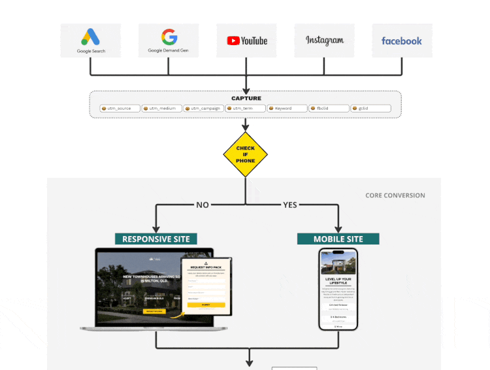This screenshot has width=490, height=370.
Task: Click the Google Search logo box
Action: (x=91, y=40)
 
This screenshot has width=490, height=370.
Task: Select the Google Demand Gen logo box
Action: (x=169, y=40)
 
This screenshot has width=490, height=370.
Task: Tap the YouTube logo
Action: (x=247, y=40)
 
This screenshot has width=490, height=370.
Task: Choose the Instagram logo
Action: (x=325, y=40)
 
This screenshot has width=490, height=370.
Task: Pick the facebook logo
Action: (x=402, y=41)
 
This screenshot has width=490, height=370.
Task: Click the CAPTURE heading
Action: (x=246, y=98)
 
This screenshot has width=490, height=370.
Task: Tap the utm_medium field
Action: (x=161, y=109)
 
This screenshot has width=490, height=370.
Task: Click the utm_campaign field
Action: (x=203, y=109)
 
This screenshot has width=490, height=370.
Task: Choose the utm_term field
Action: (x=245, y=109)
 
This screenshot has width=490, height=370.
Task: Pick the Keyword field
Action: (x=287, y=109)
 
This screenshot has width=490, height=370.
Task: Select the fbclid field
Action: (x=329, y=109)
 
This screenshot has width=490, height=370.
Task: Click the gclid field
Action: (x=370, y=109)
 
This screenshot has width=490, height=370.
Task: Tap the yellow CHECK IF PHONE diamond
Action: (x=246, y=154)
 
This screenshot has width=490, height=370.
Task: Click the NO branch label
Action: (x=203, y=205)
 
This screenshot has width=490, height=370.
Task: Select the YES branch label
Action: (x=289, y=205)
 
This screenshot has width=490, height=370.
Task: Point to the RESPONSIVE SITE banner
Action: (x=156, y=239)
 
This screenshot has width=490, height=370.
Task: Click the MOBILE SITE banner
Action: (x=338, y=239)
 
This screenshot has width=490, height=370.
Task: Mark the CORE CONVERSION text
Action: (x=395, y=195)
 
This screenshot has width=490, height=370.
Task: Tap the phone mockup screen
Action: (x=338, y=289)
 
